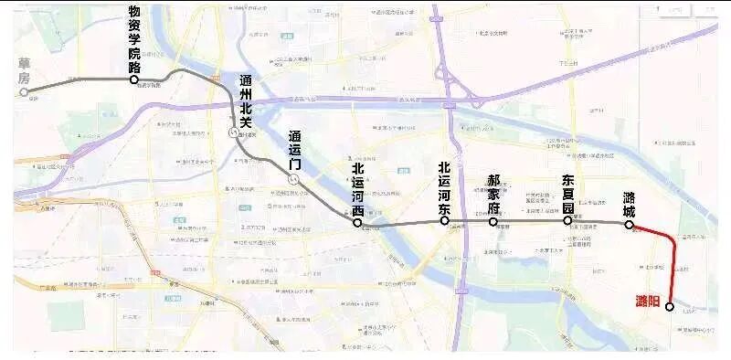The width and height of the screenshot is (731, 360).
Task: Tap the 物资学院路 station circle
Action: [134, 80]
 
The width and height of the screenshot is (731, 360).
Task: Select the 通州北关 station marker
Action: [232, 132]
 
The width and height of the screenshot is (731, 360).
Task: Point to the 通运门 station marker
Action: [292, 180]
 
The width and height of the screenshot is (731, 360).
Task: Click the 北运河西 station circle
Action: [357, 222]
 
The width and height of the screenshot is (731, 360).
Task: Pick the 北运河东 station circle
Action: [444, 221]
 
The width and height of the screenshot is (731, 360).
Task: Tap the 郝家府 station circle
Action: [493, 221]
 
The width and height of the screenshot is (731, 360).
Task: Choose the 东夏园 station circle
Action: [567, 220]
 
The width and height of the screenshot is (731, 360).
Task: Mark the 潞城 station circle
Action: [629, 224]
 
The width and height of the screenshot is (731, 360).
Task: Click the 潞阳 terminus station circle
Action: [670, 307]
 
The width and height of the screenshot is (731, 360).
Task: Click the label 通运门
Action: [294, 150]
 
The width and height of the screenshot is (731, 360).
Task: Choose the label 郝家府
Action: [493, 194]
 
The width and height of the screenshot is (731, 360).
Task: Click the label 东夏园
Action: [568, 193]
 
